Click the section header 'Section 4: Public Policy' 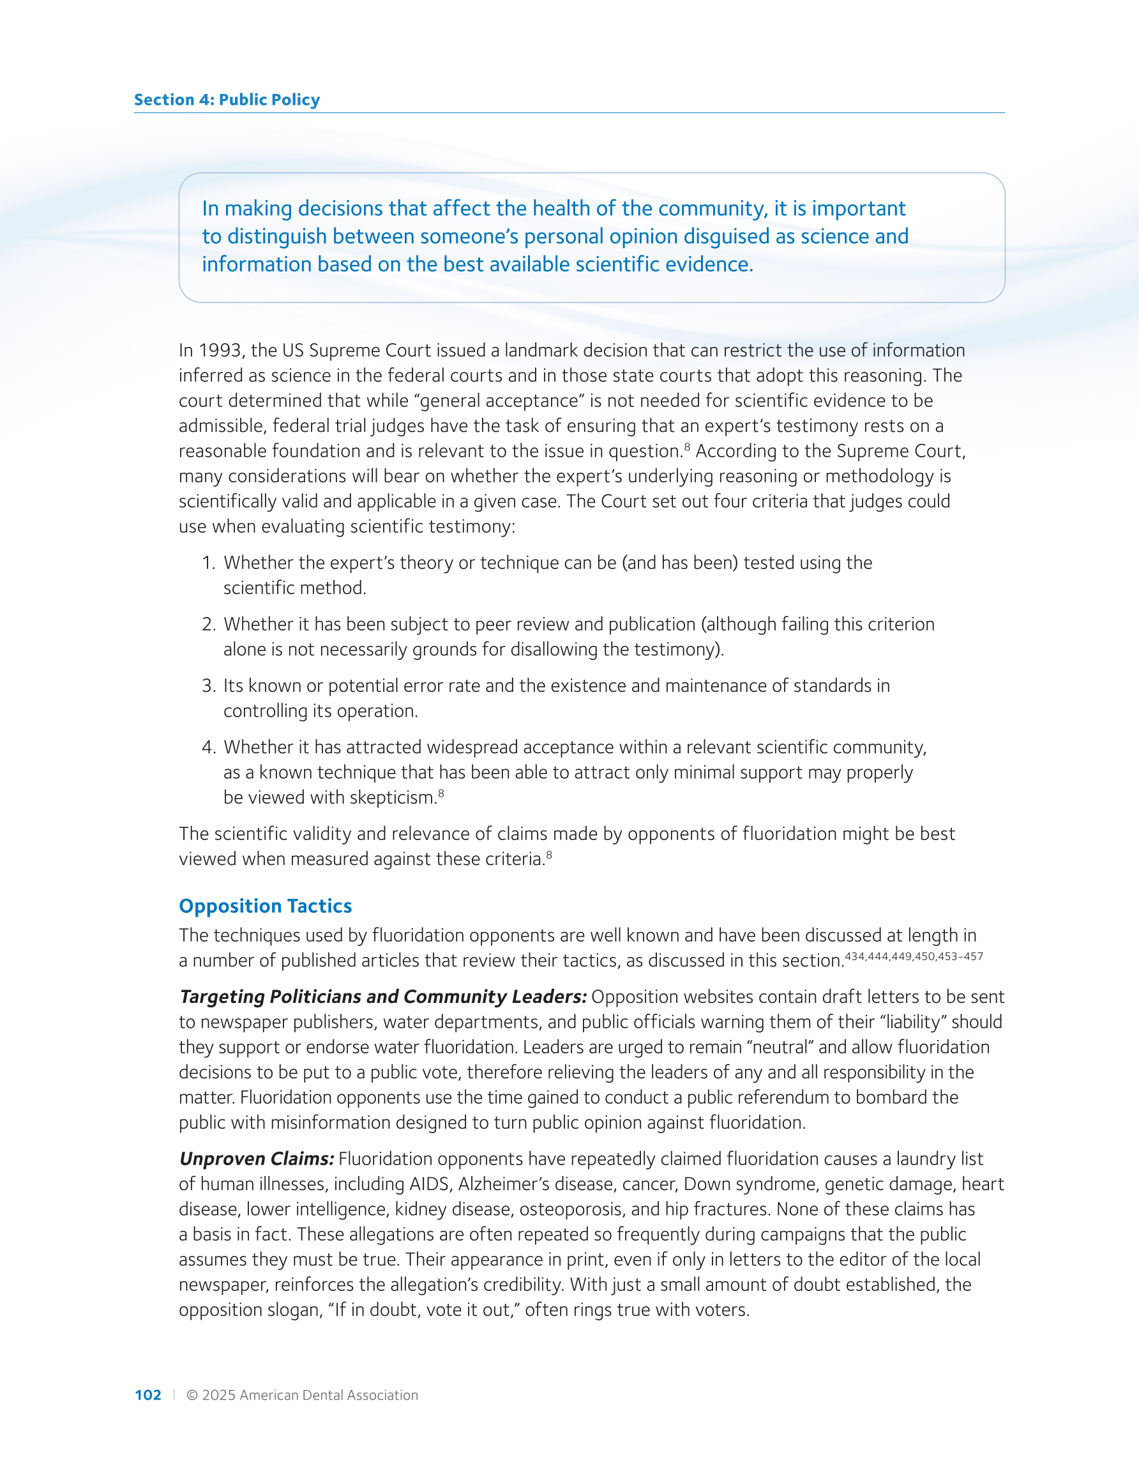coord(227,100)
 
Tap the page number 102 coord(148,1395)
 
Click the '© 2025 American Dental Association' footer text coord(302,1395)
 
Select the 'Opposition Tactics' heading coord(266,906)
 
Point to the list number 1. coord(208,563)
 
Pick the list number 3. coord(208,685)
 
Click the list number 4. coord(208,747)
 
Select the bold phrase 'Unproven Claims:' coord(257,1159)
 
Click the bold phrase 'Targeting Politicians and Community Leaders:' coord(383,997)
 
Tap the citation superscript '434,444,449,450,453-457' coord(914,956)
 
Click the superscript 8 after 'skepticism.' coord(441,793)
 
